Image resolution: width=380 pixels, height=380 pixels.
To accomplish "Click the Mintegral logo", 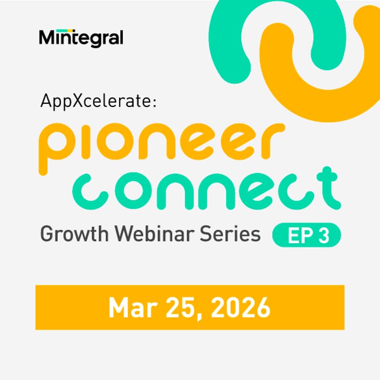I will pos(81,38).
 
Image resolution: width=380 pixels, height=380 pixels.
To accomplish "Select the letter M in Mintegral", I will pos(48,38).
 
